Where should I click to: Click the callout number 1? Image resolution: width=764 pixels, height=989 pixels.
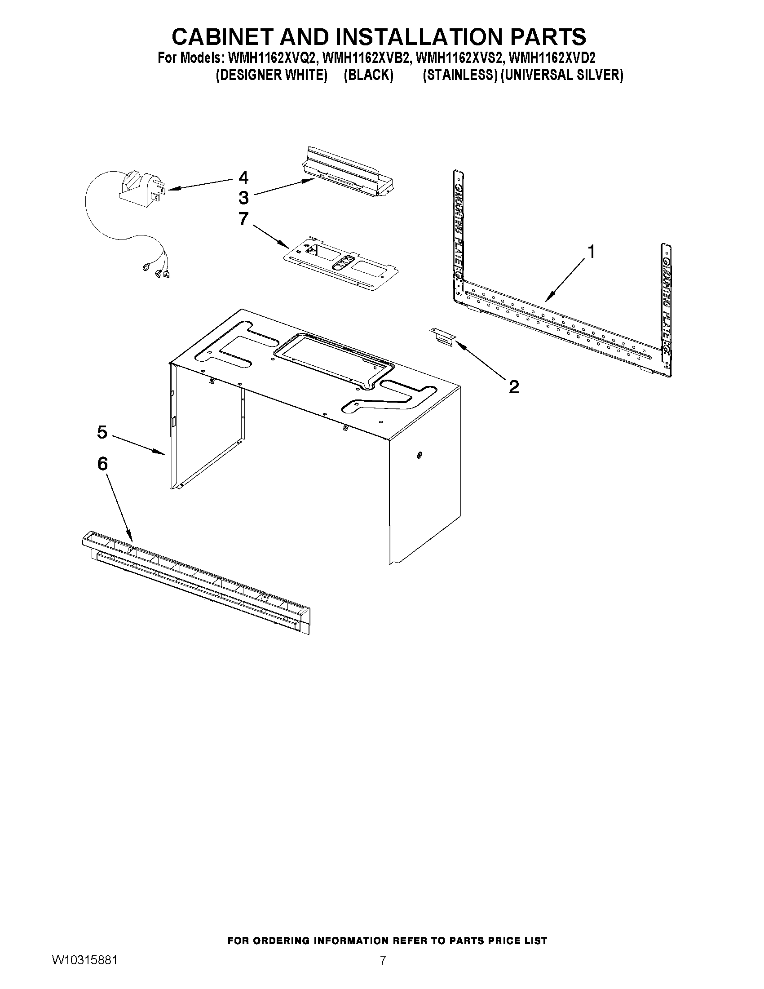point(591,251)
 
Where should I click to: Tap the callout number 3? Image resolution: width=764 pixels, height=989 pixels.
point(243,197)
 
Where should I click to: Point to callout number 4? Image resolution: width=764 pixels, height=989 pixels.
point(243,177)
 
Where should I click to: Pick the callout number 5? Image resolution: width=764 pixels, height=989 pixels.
point(102,432)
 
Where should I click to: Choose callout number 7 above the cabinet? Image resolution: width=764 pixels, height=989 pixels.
point(243,219)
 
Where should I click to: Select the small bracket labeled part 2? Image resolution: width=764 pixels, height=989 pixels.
point(442,337)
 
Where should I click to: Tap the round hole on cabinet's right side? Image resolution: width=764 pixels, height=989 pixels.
point(419,455)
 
